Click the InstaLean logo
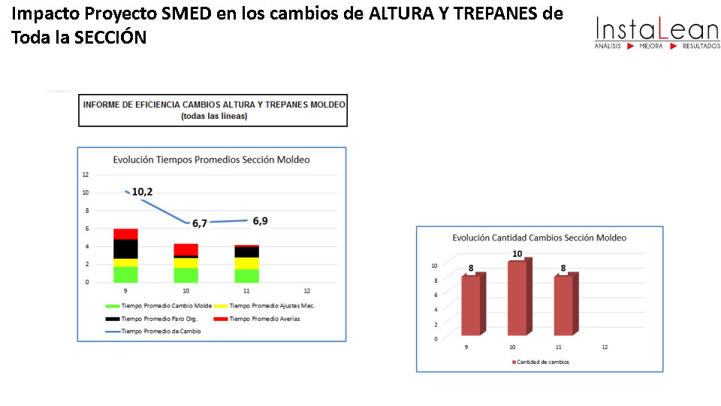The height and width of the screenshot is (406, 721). pos(656,33)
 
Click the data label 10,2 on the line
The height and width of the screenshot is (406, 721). pos(142,192)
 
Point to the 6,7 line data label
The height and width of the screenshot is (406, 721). pos(199,223)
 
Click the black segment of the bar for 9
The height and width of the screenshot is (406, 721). pos(125,249)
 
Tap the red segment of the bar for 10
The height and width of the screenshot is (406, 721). pos(186,250)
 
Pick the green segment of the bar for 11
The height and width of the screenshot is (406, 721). pos(246,275)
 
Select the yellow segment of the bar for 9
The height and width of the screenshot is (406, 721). pos(125,262)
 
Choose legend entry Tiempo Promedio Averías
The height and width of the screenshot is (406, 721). pos(265,319)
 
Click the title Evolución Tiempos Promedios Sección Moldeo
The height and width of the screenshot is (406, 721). pos(211,159)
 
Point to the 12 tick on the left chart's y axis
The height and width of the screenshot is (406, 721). pos(86,174)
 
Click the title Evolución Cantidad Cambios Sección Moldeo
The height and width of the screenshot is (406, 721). pos(539,238)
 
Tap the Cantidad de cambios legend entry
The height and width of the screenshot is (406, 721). pos(540,362)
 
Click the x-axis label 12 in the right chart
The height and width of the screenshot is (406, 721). pos(605,347)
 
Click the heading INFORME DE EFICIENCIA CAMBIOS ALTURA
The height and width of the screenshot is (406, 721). pos(214,105)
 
